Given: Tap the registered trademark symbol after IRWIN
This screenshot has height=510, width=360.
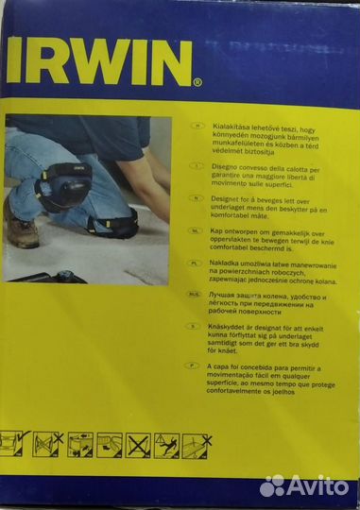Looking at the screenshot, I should pos(197,82).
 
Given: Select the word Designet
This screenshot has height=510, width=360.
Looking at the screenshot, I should pos(235,199).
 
